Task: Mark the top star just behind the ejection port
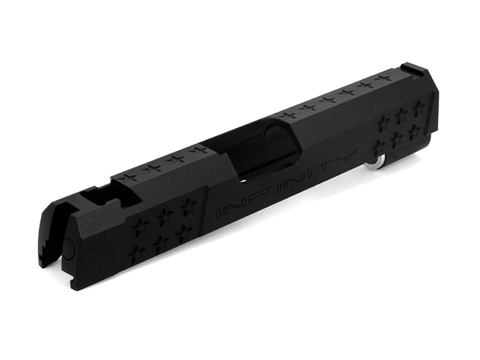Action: [x=289, y=114]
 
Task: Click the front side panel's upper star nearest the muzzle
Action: [x=142, y=224]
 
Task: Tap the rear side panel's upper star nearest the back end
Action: [x=419, y=106]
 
